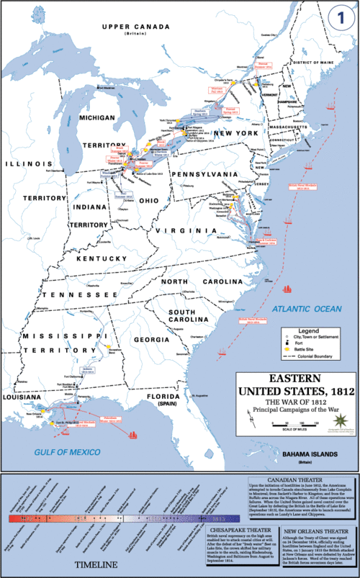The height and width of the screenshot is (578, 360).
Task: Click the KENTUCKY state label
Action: (105, 258)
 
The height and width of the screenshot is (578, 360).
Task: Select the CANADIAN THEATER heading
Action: (300, 479)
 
